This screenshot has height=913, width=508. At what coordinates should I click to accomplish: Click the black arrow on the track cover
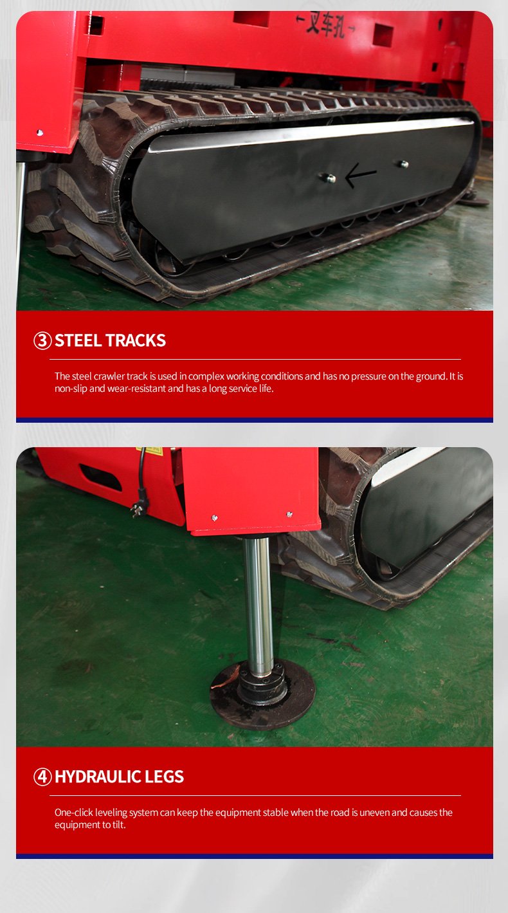361,175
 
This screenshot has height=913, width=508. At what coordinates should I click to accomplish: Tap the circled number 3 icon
42,341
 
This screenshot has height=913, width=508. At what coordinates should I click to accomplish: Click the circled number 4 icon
42,777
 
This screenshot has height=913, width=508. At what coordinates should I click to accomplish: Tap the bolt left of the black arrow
329,178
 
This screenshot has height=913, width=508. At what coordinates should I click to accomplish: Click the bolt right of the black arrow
403,164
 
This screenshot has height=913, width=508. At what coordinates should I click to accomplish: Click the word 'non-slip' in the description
71,389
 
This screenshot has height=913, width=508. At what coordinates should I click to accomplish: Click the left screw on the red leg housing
215,518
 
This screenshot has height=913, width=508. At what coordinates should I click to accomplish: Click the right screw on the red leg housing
289,514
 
